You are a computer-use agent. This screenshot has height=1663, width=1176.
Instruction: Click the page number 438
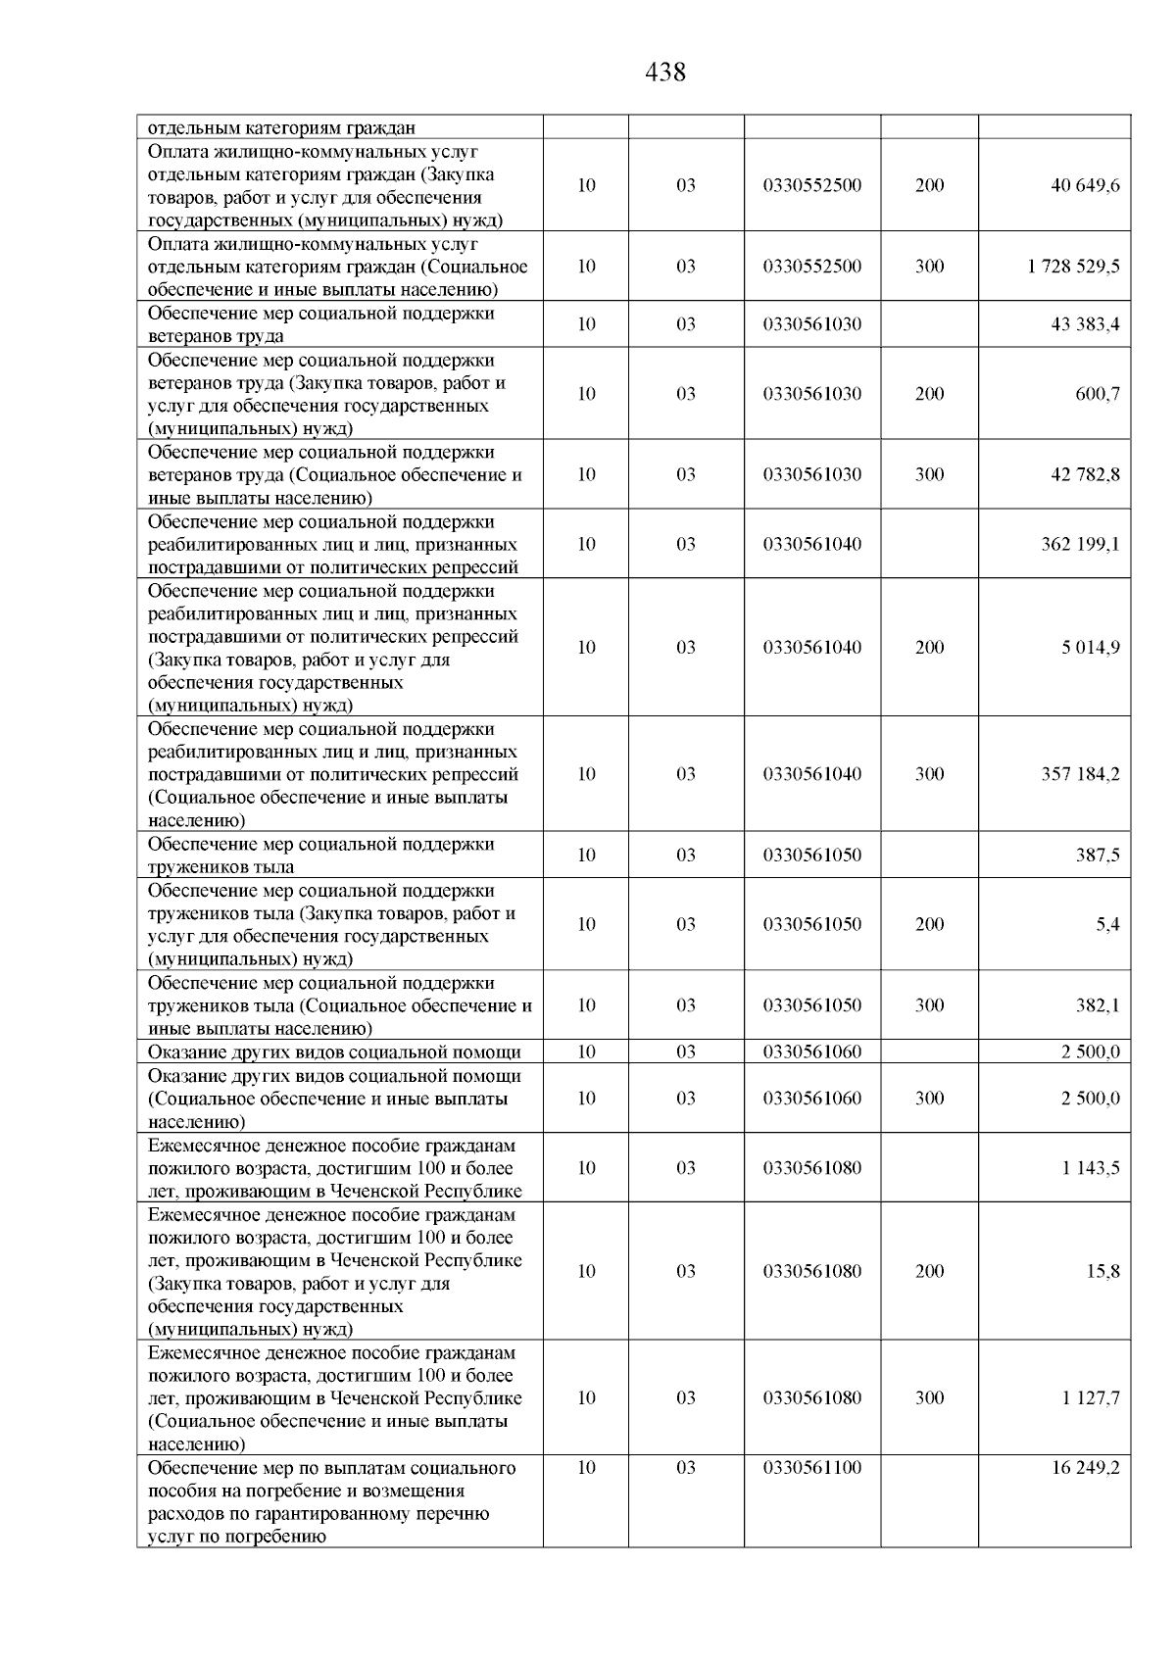(666, 73)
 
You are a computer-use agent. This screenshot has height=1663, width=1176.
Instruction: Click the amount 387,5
(1098, 856)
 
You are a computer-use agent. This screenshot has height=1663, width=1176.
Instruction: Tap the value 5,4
(1107, 924)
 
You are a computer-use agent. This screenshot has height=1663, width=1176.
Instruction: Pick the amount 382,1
(1098, 1005)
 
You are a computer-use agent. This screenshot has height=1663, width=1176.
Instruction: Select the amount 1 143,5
(1090, 1168)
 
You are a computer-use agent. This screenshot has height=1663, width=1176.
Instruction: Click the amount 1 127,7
(1090, 1398)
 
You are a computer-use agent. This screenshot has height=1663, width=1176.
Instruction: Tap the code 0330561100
(812, 1468)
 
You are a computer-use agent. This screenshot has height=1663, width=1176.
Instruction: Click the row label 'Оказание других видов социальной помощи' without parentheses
(334, 1052)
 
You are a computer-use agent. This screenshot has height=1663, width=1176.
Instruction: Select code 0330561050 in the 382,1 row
(812, 1005)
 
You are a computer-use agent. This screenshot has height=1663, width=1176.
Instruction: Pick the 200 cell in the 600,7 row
(929, 394)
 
